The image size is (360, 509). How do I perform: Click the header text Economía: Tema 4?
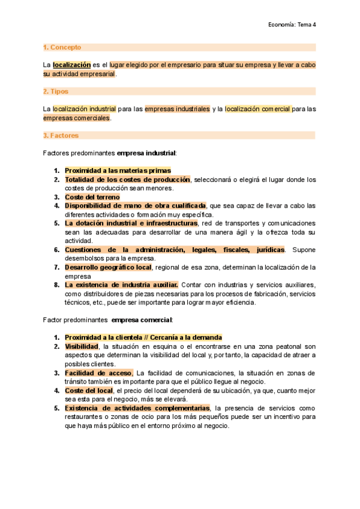point(292,25)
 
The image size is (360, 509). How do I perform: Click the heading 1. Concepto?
point(62,47)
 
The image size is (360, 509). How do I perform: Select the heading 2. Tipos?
point(56,91)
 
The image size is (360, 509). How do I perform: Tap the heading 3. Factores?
point(61,136)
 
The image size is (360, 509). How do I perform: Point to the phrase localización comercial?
point(258,109)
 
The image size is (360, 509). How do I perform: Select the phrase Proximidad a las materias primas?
point(118,170)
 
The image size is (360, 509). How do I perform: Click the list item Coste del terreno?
point(92,197)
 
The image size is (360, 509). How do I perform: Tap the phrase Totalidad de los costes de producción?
point(127,179)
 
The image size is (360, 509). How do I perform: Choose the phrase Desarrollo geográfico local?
point(109,267)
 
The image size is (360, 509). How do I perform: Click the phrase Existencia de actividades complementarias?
point(133,408)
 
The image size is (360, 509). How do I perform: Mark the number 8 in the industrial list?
point(56,285)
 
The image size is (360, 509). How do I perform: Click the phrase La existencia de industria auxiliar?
point(121,285)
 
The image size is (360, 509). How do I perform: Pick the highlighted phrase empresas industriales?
point(177,109)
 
